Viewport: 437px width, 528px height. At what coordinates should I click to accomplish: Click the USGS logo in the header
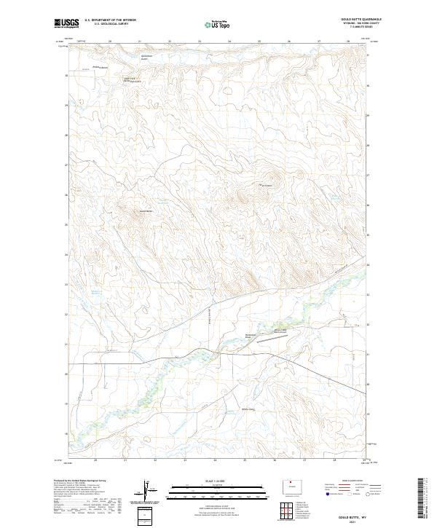tap(66, 24)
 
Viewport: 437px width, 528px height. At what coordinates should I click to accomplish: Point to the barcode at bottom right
tap(421, 497)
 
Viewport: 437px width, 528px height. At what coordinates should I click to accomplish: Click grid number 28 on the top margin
tap(348, 42)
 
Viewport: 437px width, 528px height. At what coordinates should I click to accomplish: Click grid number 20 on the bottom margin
tap(95, 460)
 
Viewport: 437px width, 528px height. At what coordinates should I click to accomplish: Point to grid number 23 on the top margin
tap(200, 42)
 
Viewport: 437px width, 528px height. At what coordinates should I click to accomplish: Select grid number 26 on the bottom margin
tap(275, 460)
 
